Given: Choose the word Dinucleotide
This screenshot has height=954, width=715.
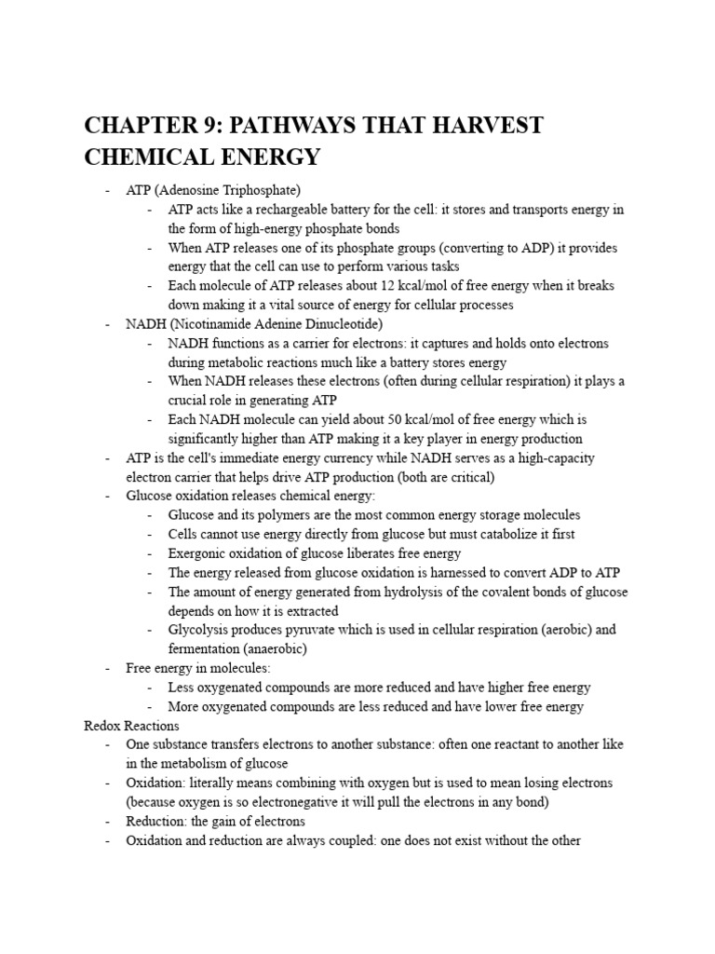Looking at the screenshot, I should [338, 324].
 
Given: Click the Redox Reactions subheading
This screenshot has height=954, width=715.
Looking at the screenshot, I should [131, 725].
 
